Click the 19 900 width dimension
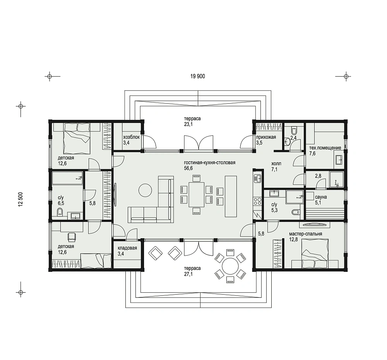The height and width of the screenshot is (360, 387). [x=197, y=76]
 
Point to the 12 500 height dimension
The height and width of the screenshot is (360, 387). [x=21, y=199]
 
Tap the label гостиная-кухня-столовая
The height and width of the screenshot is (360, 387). [x=209, y=163]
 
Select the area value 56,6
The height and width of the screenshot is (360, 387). [x=188, y=169]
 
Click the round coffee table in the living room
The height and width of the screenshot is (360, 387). [x=145, y=190]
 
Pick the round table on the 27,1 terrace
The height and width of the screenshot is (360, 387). [x=230, y=266]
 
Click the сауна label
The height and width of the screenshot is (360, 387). [x=321, y=197]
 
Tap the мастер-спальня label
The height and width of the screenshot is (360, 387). [x=306, y=234]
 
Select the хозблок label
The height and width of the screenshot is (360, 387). [x=131, y=137]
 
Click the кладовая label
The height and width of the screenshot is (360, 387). [x=127, y=248]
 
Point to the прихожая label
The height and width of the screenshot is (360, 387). [x=266, y=137]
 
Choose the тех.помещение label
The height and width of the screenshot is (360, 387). [x=325, y=148]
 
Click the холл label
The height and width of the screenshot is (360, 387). [x=276, y=164]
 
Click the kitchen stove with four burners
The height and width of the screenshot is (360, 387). [x=257, y=201]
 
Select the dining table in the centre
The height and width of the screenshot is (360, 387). [x=197, y=195]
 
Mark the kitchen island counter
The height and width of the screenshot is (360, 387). [x=231, y=196]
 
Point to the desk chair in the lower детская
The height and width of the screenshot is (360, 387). [x=72, y=237]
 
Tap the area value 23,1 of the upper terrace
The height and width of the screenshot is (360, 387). [x=188, y=124]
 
